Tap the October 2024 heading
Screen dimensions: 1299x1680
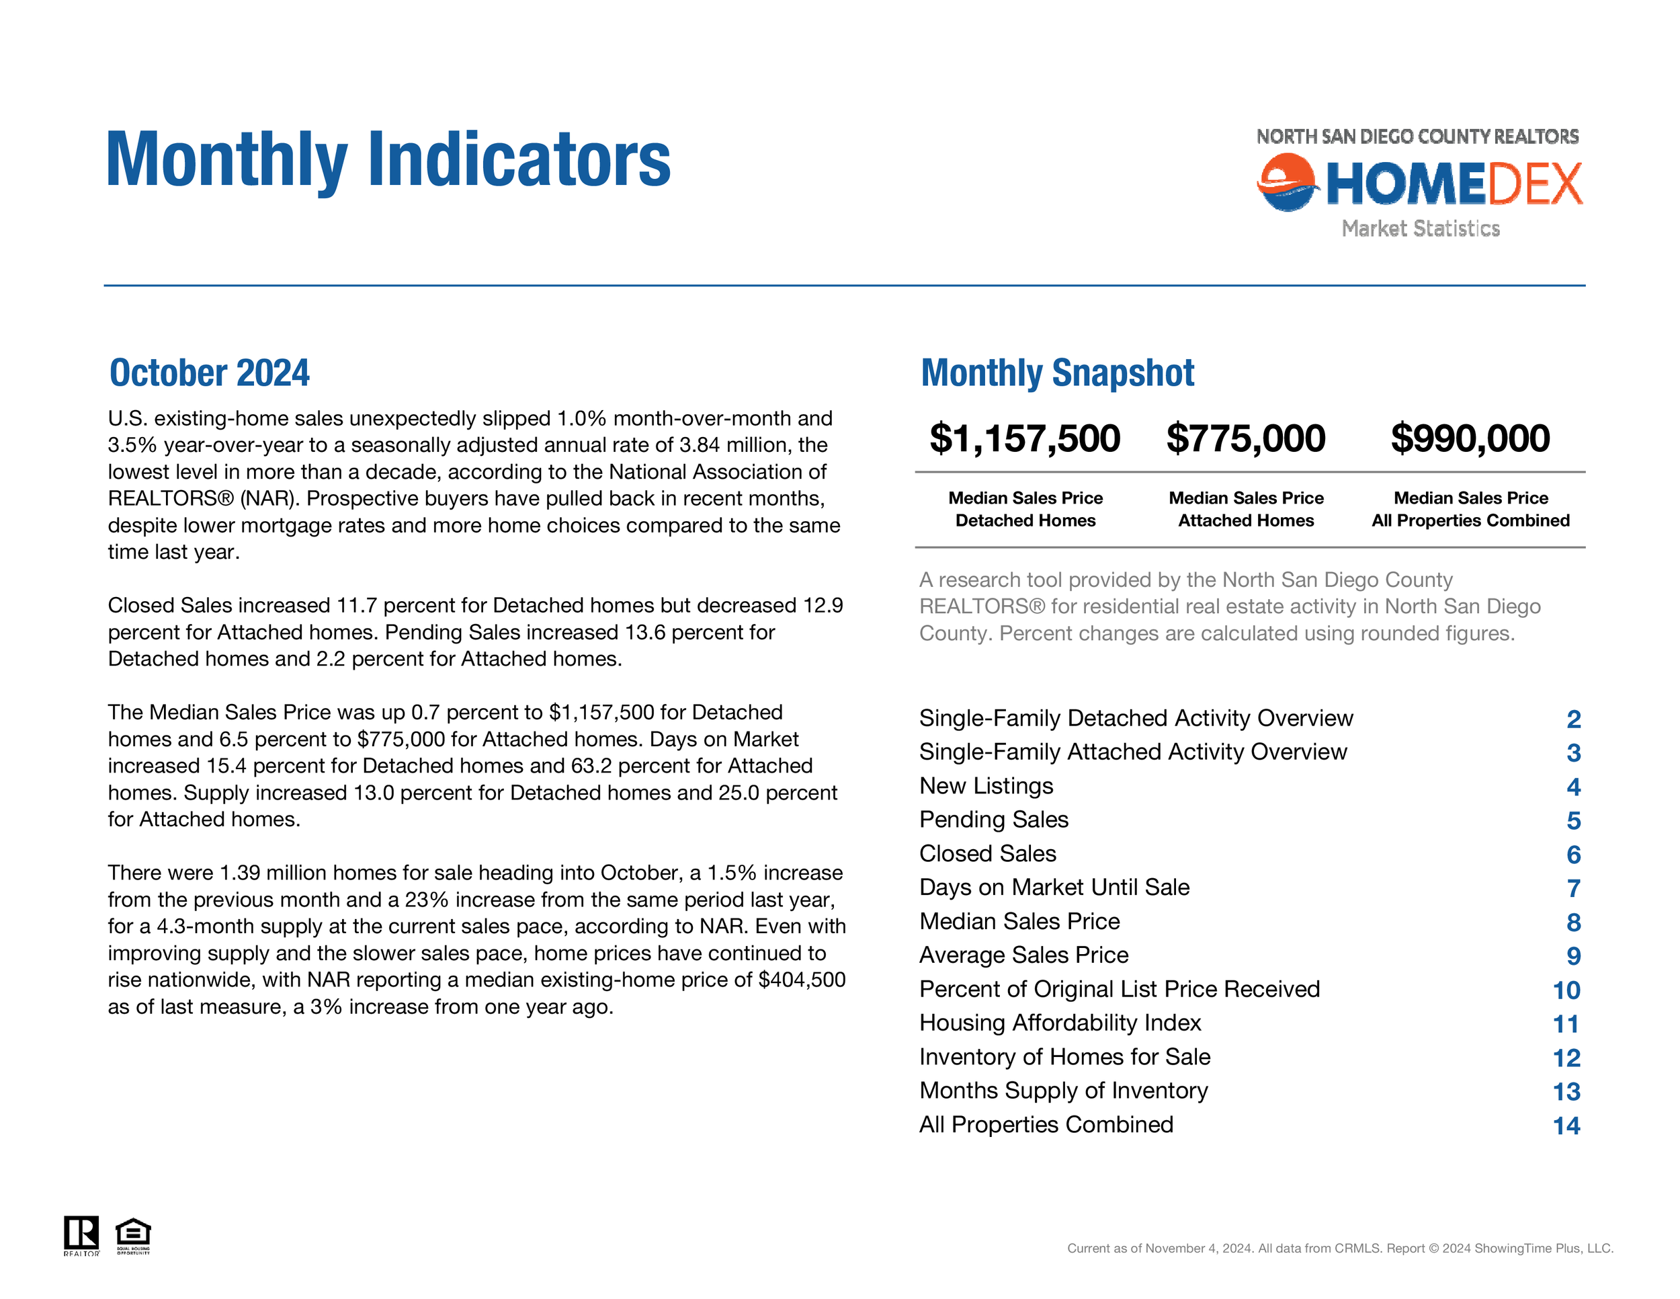point(209,373)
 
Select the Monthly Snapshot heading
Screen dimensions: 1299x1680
point(1057,373)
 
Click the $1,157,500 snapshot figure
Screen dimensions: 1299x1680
point(1025,438)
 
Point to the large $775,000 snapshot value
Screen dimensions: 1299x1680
point(1245,438)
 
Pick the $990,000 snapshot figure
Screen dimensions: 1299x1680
point(1470,438)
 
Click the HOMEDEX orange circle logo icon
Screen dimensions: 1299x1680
point(1286,182)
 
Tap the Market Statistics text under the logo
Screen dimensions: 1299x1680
point(1420,229)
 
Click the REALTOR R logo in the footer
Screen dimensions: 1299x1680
point(81,1234)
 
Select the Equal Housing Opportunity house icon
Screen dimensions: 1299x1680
point(133,1234)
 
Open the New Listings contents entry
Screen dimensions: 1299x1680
point(986,786)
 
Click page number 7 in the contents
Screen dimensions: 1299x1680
point(1573,888)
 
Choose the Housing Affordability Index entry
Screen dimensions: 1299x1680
point(1060,1023)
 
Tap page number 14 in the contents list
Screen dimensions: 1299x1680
point(1566,1126)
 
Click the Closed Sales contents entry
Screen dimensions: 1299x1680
point(988,853)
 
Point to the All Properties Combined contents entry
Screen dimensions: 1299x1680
point(1046,1124)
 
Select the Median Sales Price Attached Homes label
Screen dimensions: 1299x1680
point(1246,510)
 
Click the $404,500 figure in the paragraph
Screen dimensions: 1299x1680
point(802,980)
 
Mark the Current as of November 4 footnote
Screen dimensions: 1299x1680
point(1339,1248)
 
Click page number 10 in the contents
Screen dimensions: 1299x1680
point(1566,990)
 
